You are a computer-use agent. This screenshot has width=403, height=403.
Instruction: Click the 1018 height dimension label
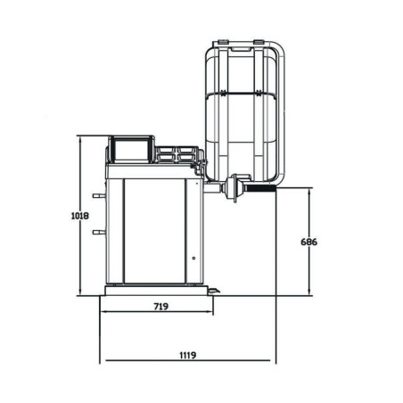coord(80,216)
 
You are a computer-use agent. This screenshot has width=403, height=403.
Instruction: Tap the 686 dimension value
coord(309,242)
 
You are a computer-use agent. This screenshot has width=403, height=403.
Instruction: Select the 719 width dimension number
coord(161,306)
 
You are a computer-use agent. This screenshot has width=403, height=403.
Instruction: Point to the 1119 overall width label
coord(188,355)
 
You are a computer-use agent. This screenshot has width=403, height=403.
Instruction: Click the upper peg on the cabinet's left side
coord(99,195)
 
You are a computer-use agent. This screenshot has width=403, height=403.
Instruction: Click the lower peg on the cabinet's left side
coord(99,232)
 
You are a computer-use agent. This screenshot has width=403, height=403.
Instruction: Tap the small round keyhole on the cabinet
coord(193,259)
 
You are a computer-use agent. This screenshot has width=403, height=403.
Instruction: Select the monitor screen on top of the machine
coord(131,151)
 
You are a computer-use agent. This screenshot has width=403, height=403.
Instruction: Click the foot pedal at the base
coord(213,291)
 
